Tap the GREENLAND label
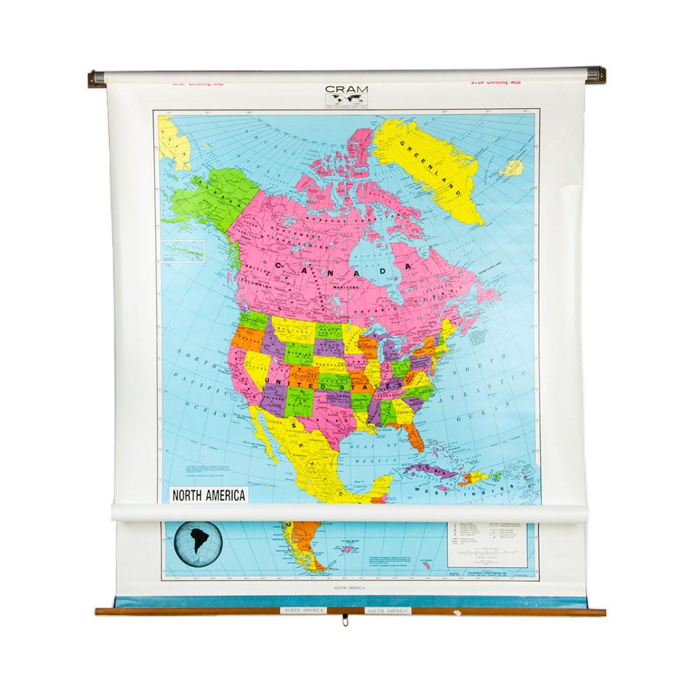(426, 164)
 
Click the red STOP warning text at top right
(495, 82)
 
